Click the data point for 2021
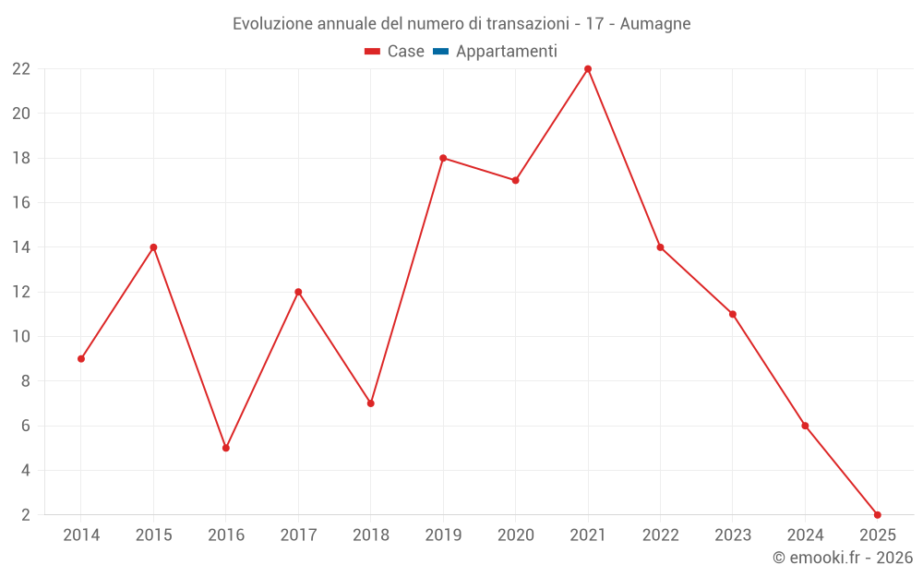pyautogui.click(x=588, y=69)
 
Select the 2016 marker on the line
pyautogui.click(x=226, y=448)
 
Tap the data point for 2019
pyautogui.click(x=443, y=158)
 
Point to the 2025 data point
pyautogui.click(x=878, y=514)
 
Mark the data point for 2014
pyautogui.click(x=81, y=358)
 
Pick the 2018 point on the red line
pyautogui.click(x=371, y=403)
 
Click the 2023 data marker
pyautogui.click(x=733, y=314)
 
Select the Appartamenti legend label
pyautogui.click(x=507, y=52)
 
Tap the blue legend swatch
pyautogui.click(x=440, y=52)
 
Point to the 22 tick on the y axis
pyautogui.click(x=21, y=69)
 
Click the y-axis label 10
pyautogui.click(x=21, y=337)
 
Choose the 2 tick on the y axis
pyautogui.click(x=26, y=515)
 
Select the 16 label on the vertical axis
pyautogui.click(x=21, y=203)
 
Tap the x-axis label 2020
pyautogui.click(x=516, y=535)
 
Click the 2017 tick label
pyautogui.click(x=298, y=535)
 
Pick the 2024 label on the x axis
pyautogui.click(x=805, y=535)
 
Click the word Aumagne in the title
pyautogui.click(x=655, y=24)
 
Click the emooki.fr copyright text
pyautogui.click(x=843, y=558)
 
